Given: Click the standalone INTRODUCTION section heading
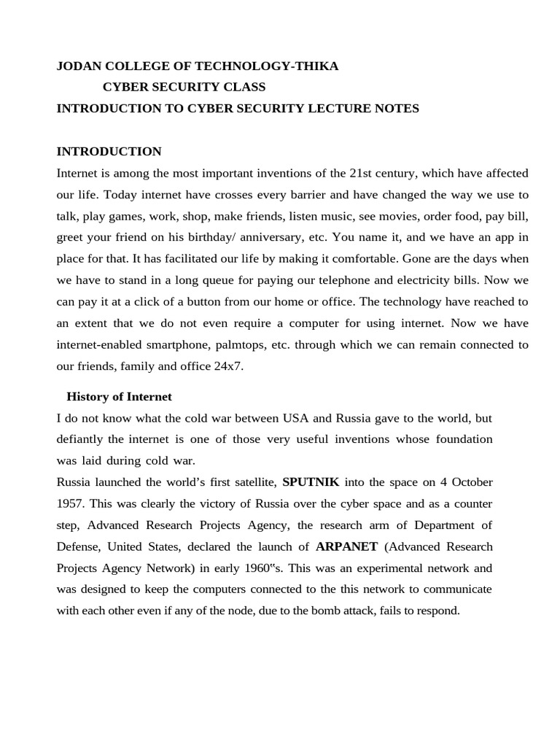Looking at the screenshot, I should click(109, 152).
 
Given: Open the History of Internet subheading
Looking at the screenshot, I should click(119, 397).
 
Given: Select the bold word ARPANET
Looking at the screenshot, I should click(346, 546).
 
